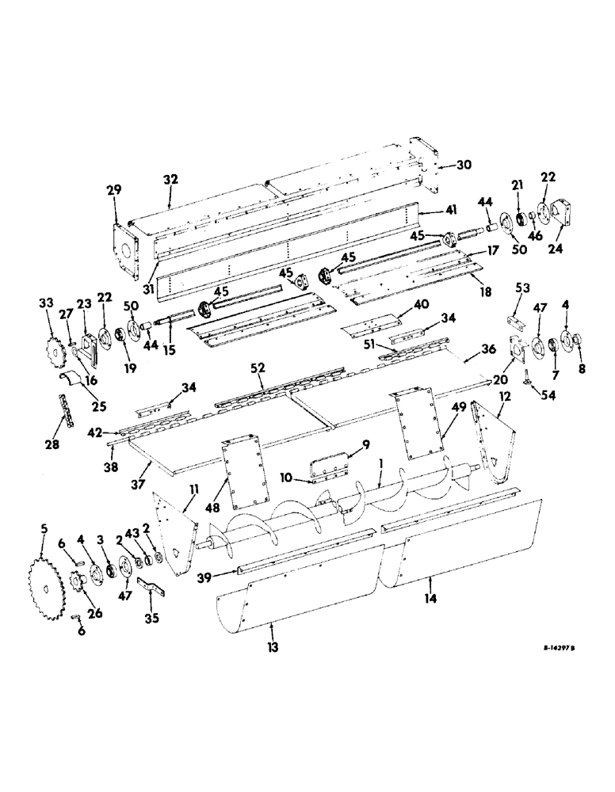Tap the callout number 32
[170, 181]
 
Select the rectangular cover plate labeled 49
[412, 425]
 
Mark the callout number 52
[258, 369]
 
